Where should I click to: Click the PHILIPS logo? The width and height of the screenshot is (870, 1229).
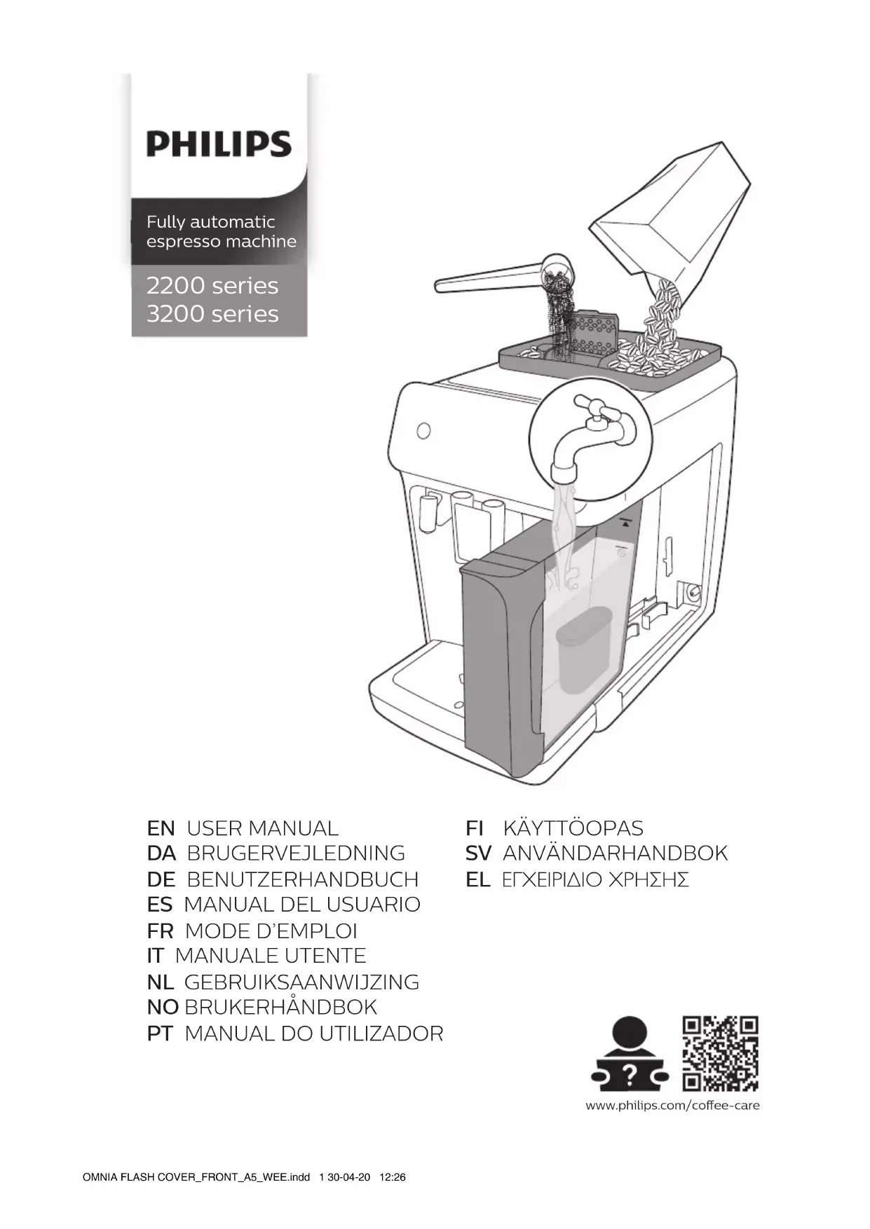(x=219, y=144)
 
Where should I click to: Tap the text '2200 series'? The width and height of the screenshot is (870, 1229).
(x=212, y=286)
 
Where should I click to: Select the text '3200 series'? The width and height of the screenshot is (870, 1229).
(x=212, y=314)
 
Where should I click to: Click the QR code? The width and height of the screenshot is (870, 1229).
(x=721, y=1053)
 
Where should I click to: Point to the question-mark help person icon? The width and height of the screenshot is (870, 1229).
(x=629, y=1055)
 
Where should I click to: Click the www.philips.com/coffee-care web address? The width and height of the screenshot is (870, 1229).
(x=672, y=1106)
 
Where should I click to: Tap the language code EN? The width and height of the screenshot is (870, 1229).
(x=161, y=828)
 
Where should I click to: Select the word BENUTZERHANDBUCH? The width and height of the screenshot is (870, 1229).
(x=303, y=879)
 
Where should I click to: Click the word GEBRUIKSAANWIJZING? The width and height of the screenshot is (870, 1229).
(x=301, y=982)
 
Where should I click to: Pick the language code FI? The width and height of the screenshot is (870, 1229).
(x=475, y=828)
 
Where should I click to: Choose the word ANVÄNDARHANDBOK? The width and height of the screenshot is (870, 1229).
(x=615, y=853)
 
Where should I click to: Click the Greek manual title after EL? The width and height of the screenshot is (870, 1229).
(x=595, y=880)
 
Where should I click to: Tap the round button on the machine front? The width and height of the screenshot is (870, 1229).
(x=423, y=430)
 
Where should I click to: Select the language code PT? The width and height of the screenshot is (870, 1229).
(x=160, y=1034)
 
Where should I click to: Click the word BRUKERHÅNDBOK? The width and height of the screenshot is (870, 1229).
(x=280, y=1008)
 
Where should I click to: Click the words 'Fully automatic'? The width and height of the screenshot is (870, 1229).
(x=210, y=222)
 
